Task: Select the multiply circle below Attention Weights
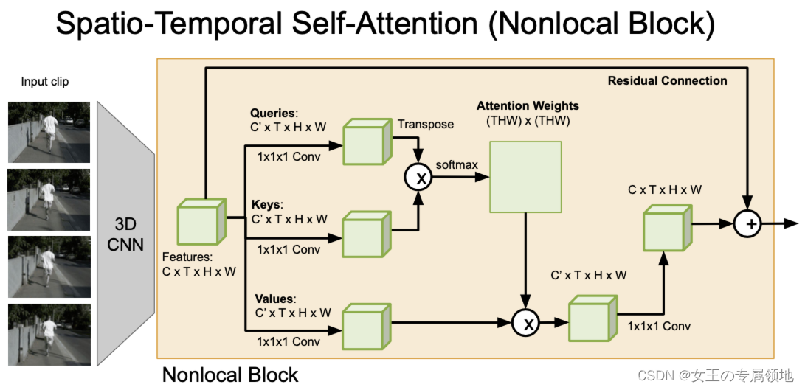pyautogui.click(x=526, y=321)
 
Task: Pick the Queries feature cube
pyautogui.click(x=365, y=142)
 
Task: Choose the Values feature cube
pyautogui.click(x=365, y=324)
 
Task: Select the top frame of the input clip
pyautogui.click(x=49, y=132)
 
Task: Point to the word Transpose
pyautogui.click(x=426, y=125)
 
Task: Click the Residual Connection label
pyautogui.click(x=667, y=81)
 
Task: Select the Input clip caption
pyautogui.click(x=45, y=82)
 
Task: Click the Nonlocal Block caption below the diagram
pyautogui.click(x=230, y=375)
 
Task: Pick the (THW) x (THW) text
pyautogui.click(x=527, y=120)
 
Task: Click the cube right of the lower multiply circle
pyautogui.click(x=590, y=318)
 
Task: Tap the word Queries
pyautogui.click(x=272, y=113)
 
